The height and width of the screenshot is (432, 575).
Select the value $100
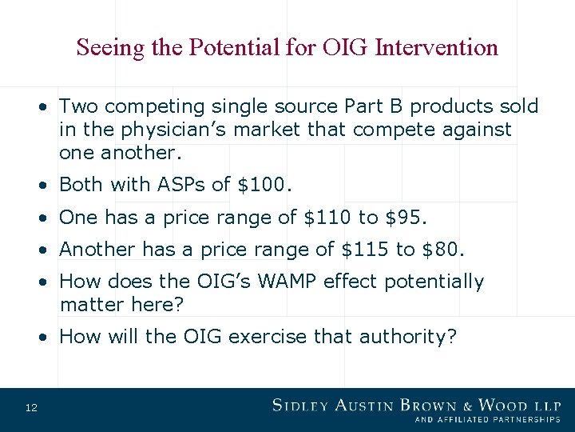(x=265, y=185)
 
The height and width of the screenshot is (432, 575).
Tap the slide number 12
(x=31, y=409)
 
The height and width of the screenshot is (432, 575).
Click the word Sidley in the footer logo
(x=303, y=406)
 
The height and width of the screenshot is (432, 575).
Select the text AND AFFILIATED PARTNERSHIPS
(x=487, y=419)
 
